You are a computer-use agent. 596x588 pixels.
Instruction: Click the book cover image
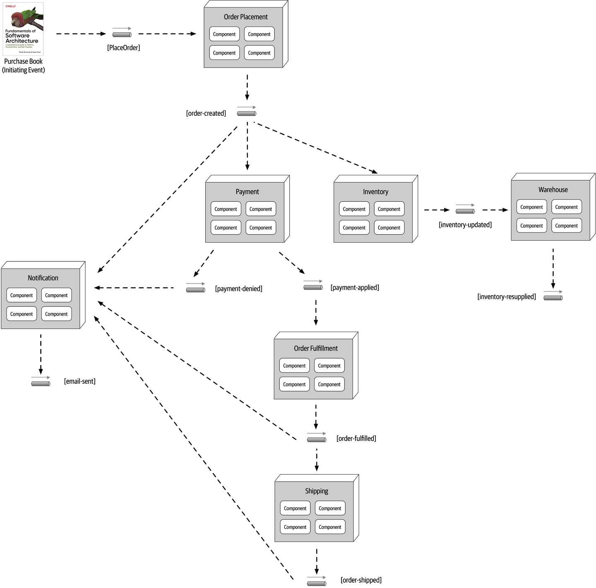coord(23,29)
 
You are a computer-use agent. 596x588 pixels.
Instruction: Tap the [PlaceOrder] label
coord(123,48)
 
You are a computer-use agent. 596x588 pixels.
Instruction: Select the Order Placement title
coord(245,17)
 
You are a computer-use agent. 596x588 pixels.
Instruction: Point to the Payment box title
coord(247,192)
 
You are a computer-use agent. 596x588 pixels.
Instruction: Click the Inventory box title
coord(375,192)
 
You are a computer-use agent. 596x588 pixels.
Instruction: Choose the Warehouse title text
coord(553,190)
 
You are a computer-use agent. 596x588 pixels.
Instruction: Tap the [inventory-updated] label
coord(465,225)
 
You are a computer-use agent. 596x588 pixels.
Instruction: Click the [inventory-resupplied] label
coord(507,297)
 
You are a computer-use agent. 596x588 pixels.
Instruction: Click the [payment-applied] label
coord(355,287)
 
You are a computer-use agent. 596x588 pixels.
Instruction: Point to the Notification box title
coord(43,278)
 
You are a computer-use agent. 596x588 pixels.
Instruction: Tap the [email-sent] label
coord(79,381)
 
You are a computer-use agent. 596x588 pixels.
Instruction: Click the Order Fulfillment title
coord(316,349)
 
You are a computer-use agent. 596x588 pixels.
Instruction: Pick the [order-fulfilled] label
coord(356,438)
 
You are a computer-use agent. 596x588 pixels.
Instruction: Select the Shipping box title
coord(317,491)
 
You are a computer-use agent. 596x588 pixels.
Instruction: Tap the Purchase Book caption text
coord(23,65)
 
